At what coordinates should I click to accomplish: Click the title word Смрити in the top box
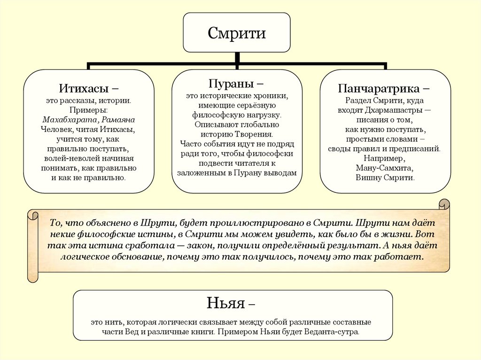click(x=237, y=33)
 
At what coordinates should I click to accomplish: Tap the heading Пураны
click(x=232, y=84)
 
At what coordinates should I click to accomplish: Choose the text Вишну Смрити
click(x=385, y=178)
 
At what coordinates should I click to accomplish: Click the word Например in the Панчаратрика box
click(x=385, y=158)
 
